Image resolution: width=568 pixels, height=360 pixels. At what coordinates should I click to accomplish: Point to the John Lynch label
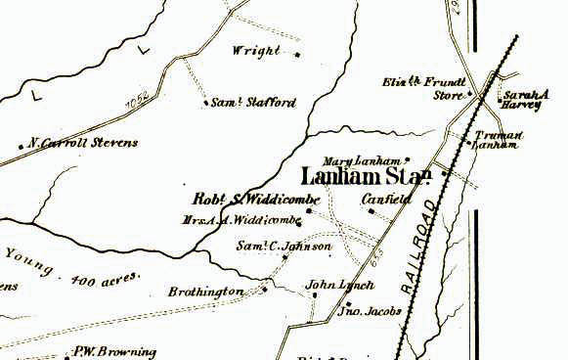pos(328,286)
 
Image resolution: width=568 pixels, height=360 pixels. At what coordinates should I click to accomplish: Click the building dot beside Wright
pos(296,54)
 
